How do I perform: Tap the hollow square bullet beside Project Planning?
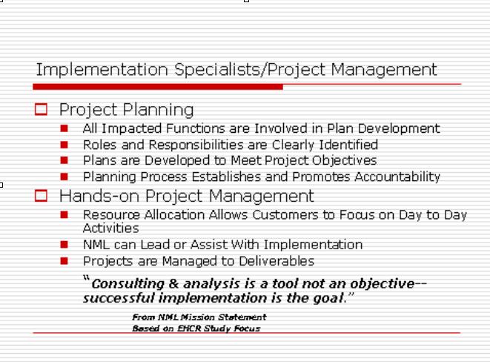[x=41, y=109]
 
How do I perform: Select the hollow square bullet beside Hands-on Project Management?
[x=41, y=196]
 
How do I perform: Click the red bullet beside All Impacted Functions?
[x=64, y=128]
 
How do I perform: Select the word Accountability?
[x=397, y=177]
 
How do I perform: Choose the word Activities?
[x=111, y=228]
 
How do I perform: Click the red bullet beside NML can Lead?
[x=64, y=245]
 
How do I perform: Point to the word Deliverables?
[x=277, y=261]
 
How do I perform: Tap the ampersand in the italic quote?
[x=173, y=283]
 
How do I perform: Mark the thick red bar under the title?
[x=158, y=87]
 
